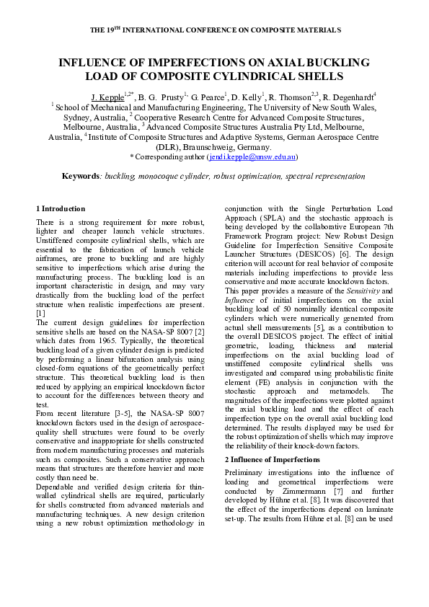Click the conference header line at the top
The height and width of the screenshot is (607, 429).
coord(215,30)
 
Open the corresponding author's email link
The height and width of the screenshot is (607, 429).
coord(252,156)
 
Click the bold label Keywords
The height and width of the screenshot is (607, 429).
coord(79,176)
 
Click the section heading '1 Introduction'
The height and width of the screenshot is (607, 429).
coord(61,209)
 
